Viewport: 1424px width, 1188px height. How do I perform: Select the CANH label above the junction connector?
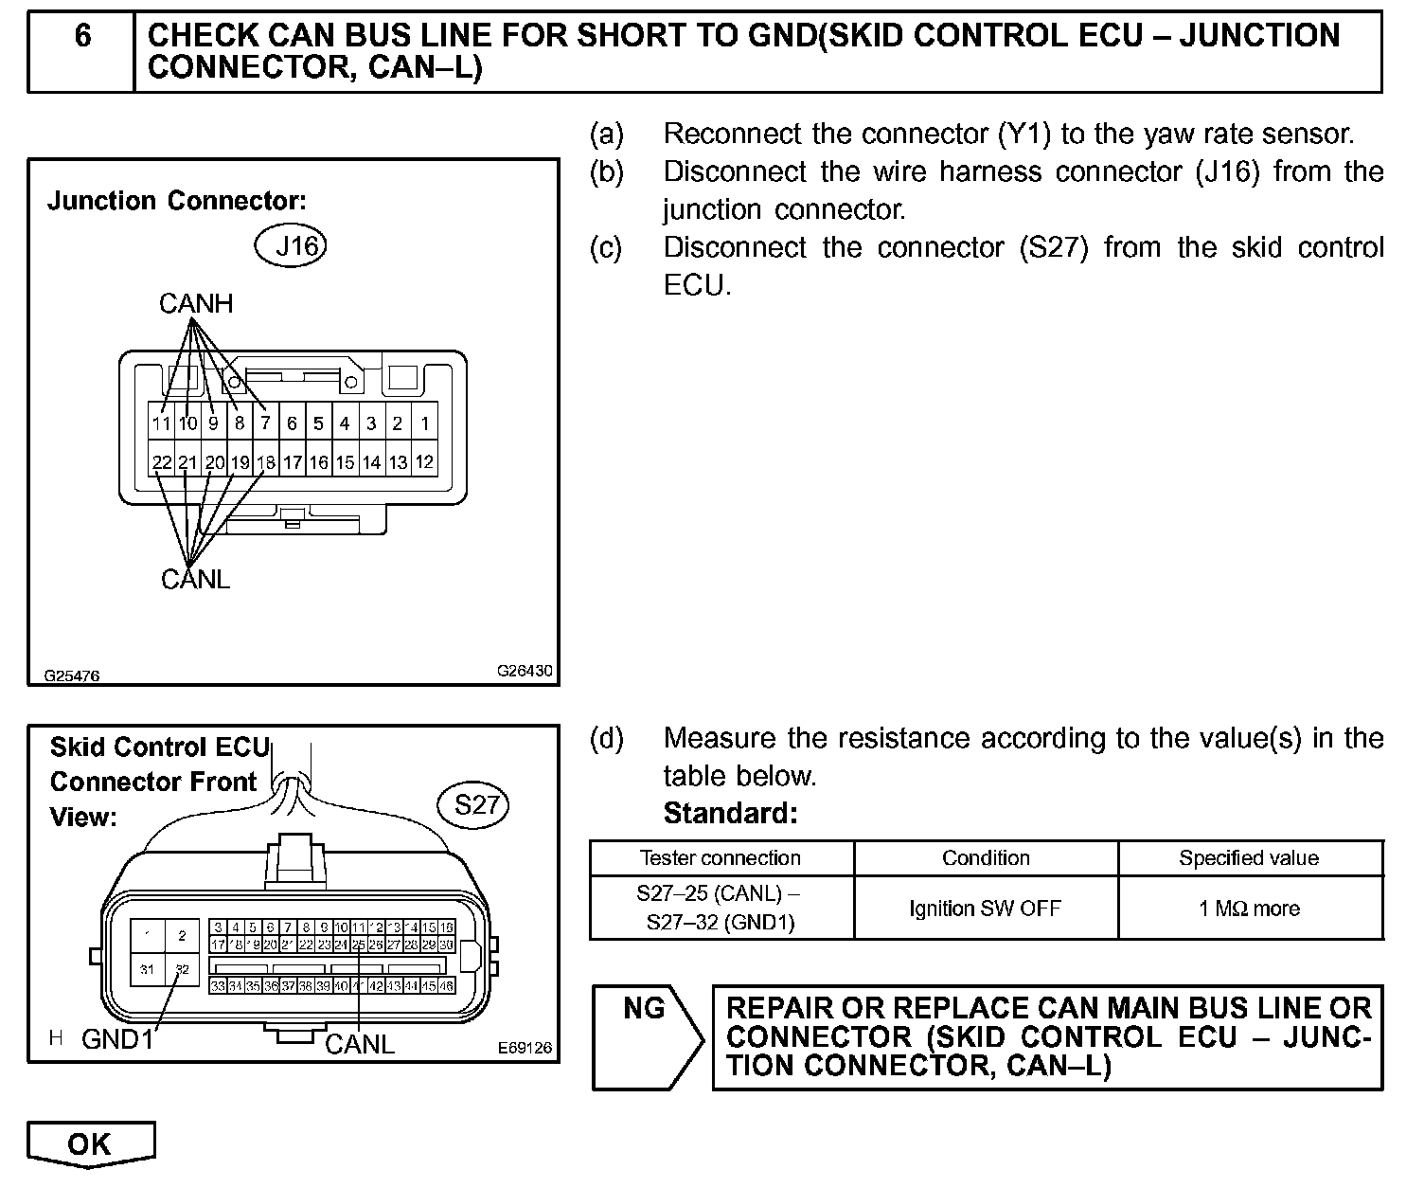click(195, 303)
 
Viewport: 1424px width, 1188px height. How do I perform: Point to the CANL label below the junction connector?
click(195, 579)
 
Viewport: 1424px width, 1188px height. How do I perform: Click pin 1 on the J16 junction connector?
click(425, 423)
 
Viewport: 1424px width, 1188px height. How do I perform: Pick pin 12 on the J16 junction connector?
click(425, 462)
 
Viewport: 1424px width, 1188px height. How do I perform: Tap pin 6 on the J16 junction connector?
click(293, 423)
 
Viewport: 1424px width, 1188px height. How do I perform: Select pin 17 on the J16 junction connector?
click(293, 462)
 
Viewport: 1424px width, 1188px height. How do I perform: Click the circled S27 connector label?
click(475, 805)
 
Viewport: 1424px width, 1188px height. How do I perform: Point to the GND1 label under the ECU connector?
click(117, 1039)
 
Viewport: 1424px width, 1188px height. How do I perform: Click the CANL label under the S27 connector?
click(359, 1044)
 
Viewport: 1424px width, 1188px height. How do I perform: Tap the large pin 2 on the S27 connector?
click(182, 936)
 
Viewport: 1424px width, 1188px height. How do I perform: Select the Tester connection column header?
click(721, 858)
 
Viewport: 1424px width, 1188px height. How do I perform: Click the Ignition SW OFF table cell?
click(985, 909)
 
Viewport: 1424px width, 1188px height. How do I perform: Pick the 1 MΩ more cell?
click(1249, 909)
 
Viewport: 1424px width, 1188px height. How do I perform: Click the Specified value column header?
click(1249, 858)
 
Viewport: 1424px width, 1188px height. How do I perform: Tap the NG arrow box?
click(647, 1036)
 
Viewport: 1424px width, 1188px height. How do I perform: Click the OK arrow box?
click(90, 1143)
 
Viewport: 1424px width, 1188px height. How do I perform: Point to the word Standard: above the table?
click(730, 814)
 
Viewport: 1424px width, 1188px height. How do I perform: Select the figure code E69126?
click(524, 1049)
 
